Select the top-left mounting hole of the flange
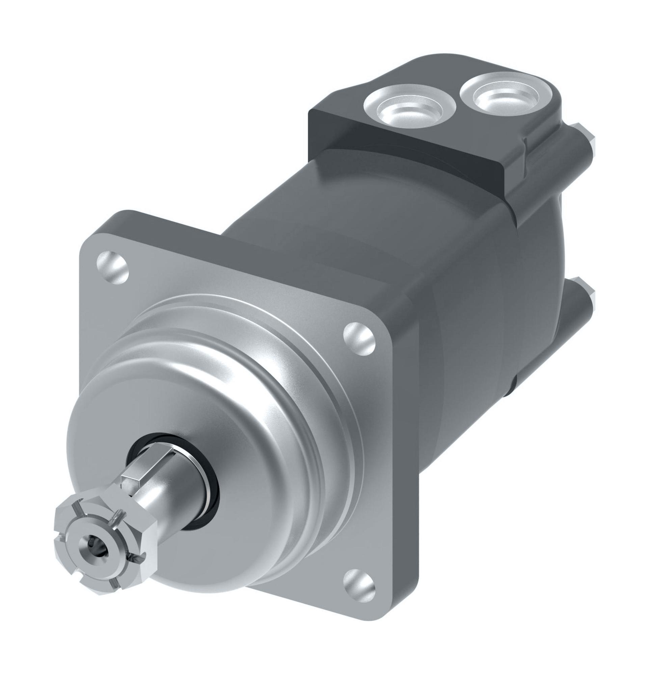coord(112,267)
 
